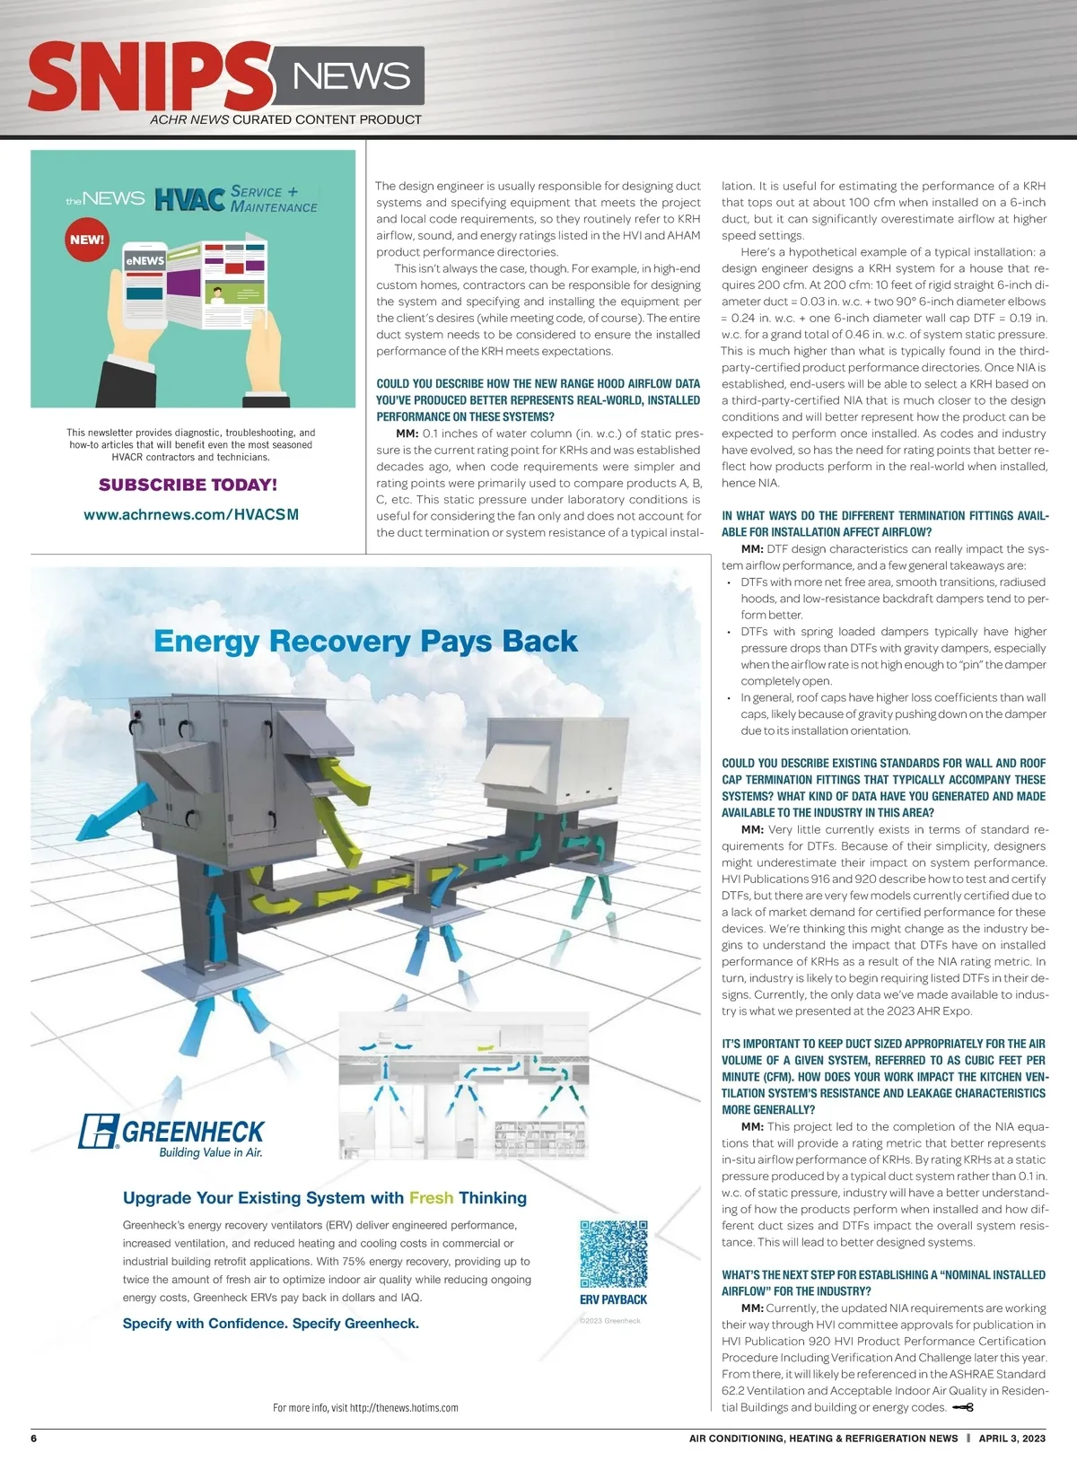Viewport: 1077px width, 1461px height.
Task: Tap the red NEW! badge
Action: coord(87,240)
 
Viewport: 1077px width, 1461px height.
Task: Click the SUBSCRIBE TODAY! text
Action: coord(188,485)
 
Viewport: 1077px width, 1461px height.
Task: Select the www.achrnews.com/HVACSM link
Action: coord(191,514)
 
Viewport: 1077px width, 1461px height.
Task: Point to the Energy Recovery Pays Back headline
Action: coord(365,641)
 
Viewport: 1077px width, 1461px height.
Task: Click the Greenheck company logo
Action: coord(171,1133)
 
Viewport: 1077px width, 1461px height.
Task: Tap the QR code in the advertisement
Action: coord(613,1254)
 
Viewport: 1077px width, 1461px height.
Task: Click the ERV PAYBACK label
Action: coord(613,1299)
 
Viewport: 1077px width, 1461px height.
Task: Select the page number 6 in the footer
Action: coord(34,1438)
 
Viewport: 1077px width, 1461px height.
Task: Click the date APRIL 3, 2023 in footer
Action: coord(1011,1438)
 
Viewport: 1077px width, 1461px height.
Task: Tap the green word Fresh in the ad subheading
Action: coord(431,1198)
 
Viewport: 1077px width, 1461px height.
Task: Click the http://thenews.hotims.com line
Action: coord(365,1407)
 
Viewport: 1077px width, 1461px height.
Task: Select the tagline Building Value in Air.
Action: coord(211,1152)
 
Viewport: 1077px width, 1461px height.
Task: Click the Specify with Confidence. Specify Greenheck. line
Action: coord(271,1323)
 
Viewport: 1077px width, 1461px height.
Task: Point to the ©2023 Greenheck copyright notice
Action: coord(609,1320)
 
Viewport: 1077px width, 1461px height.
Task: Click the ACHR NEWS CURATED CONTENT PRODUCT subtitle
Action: coord(285,119)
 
